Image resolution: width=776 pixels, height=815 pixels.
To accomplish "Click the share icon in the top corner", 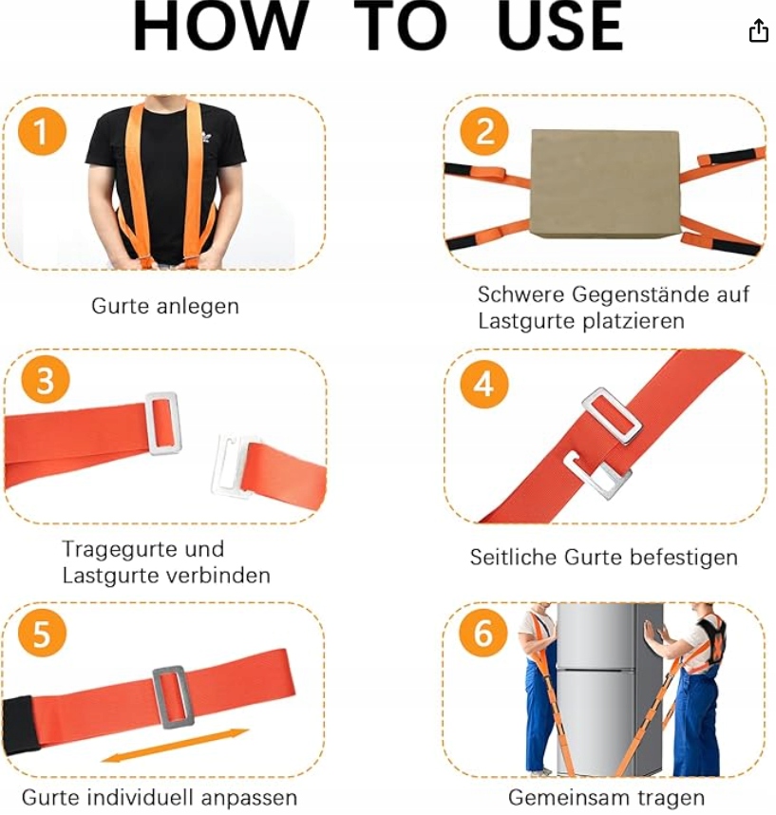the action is tap(758, 30).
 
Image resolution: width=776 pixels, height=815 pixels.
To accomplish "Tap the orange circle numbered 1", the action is tap(42, 130).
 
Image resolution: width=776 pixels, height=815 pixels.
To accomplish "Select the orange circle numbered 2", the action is tap(484, 130).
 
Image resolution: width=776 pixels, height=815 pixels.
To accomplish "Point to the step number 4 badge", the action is tap(484, 384).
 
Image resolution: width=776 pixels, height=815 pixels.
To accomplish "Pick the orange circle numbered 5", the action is tap(42, 633).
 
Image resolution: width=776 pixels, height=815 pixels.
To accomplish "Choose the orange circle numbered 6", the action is tap(483, 633).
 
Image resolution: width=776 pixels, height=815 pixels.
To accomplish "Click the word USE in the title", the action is tap(559, 26).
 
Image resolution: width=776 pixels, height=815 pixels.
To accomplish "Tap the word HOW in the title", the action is tap(220, 26).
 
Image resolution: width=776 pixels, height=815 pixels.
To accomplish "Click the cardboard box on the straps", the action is tap(606, 183).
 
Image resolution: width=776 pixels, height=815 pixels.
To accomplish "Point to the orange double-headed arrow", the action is tap(175, 746).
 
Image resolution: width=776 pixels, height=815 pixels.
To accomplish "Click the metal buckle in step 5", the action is tap(174, 696).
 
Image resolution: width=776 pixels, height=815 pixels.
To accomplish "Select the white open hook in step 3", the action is tap(230, 466).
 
